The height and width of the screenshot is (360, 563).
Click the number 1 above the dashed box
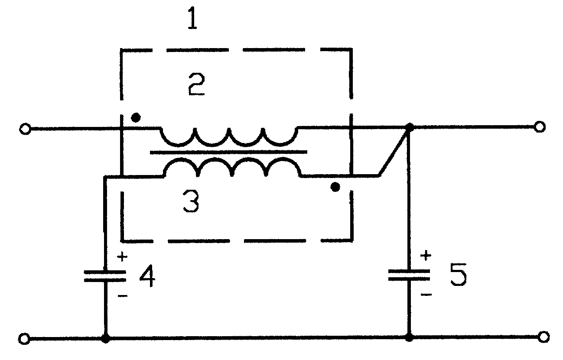[x=192, y=18]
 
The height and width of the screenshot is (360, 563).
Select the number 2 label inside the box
[x=196, y=84]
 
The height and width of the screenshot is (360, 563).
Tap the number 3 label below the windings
[x=191, y=201]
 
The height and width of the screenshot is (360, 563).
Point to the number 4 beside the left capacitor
[x=148, y=276]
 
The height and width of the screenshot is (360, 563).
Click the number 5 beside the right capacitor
[x=459, y=274]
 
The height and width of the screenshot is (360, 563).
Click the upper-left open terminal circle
[x=25, y=129]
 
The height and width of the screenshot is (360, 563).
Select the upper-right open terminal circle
[x=539, y=126]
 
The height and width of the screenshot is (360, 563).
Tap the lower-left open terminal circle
[x=24, y=339]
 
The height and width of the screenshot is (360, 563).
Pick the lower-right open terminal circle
[x=543, y=337]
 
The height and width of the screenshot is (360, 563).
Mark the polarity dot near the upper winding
[x=136, y=117]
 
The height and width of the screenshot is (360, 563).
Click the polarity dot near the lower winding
[x=335, y=187]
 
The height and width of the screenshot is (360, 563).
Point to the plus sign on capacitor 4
[x=122, y=256]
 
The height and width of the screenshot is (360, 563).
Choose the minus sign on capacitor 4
[x=123, y=296]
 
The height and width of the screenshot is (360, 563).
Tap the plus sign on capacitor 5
[x=426, y=256]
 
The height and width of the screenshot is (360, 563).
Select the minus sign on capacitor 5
[x=426, y=295]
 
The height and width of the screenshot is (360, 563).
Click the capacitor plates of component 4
[x=105, y=276]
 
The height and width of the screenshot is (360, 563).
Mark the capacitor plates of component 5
[x=409, y=275]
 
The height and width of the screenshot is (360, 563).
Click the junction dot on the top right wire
[x=410, y=127]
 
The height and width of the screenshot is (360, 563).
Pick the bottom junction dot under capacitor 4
[x=106, y=338]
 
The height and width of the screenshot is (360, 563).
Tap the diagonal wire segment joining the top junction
[x=394, y=152]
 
